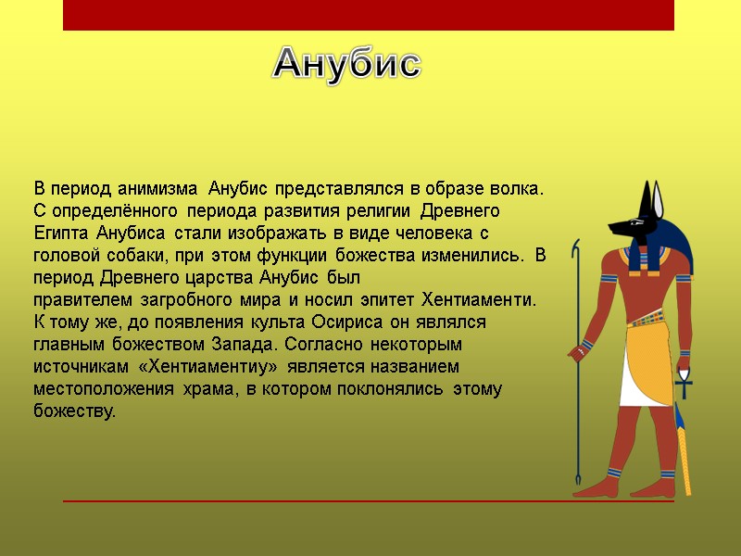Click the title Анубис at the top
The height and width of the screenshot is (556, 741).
click(347, 64)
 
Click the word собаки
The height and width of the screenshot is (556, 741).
click(129, 256)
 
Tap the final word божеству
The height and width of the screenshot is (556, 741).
click(75, 411)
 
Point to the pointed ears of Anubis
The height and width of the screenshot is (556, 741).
click(659, 199)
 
